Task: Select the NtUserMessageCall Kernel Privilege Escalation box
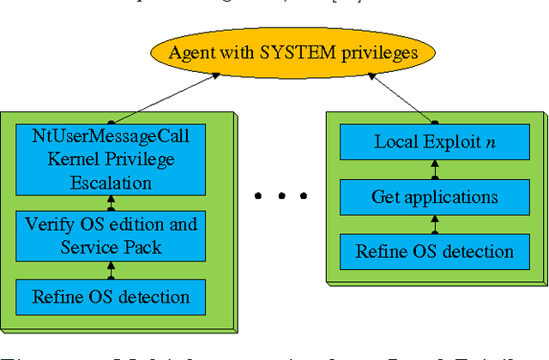point(110,159)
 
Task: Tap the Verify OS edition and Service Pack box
point(110,236)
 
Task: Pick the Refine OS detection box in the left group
point(110,297)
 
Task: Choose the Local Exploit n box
point(435,141)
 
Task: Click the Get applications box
point(435,197)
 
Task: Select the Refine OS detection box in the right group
point(435,252)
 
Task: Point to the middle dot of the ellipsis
point(281,197)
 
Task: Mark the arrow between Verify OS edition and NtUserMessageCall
point(110,202)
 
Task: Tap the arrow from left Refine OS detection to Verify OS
point(110,270)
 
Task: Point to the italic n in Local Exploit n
point(490,142)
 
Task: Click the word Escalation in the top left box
point(110,182)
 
